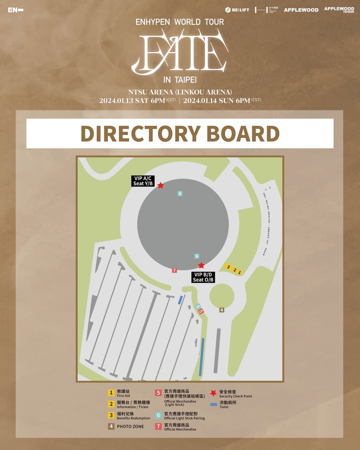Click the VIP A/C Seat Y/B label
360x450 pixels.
tap(143, 181)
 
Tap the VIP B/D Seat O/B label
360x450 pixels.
tap(203, 277)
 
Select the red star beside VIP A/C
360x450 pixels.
tap(160, 185)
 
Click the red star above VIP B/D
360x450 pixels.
tap(201, 265)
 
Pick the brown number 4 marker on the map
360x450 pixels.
tap(221, 310)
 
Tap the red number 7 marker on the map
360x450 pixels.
tap(174, 270)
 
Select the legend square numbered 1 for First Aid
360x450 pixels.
tap(111, 393)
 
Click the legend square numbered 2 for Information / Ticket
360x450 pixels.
tap(111, 404)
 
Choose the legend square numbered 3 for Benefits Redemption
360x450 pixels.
tap(111, 415)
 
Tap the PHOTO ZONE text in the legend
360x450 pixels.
tap(130, 426)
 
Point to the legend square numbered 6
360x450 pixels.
tap(159, 415)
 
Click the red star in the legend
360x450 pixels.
tap(213, 393)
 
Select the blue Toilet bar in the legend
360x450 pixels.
tap(213, 405)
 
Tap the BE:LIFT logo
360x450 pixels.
tap(237, 10)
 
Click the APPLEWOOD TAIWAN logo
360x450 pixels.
tap(339, 9)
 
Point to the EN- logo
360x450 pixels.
tap(15, 10)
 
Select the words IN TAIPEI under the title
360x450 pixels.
tap(180, 80)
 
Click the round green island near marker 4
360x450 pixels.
tap(222, 296)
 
